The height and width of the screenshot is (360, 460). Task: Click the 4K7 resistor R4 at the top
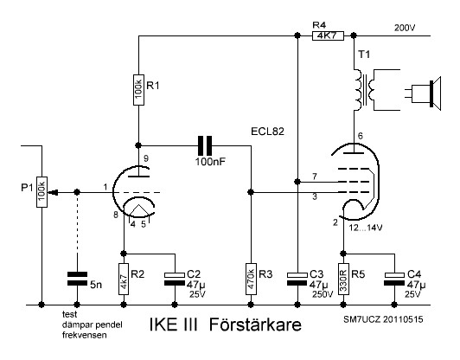click(328, 35)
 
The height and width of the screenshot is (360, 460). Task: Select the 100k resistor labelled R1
click(138, 89)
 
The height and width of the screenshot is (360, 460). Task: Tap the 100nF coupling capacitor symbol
click(204, 145)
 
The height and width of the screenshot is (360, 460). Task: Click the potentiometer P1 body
click(42, 192)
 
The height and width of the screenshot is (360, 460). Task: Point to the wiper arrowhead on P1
click(53, 193)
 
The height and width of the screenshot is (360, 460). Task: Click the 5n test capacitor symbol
click(77, 279)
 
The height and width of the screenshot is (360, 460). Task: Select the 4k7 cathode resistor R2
click(124, 279)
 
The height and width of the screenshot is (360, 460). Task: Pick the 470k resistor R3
click(251, 279)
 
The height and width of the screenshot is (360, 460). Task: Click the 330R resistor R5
click(343, 279)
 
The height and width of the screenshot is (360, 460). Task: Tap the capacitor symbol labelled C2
click(175, 279)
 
